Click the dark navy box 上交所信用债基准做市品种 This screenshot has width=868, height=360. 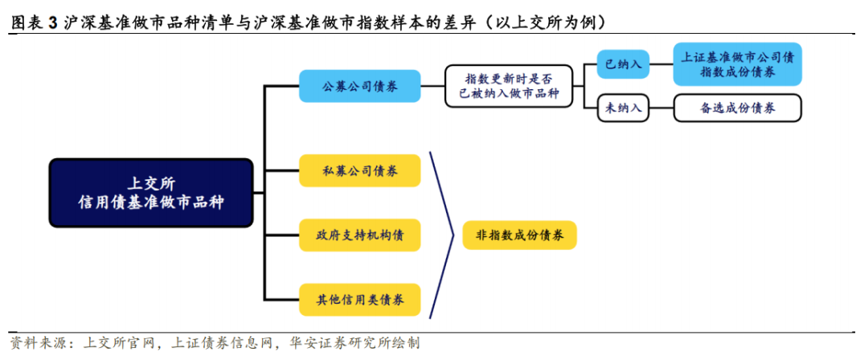coord(151,192)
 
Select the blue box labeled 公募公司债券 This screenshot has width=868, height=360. coord(359,85)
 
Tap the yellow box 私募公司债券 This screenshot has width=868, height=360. coord(359,170)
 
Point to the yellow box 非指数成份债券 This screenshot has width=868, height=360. coord(519,235)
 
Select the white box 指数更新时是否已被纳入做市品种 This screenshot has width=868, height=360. coord(508,86)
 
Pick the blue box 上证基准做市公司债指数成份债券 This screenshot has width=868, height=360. coord(738,64)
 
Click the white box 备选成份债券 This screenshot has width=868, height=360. coord(738,108)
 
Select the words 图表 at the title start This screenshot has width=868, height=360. coord(27,22)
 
